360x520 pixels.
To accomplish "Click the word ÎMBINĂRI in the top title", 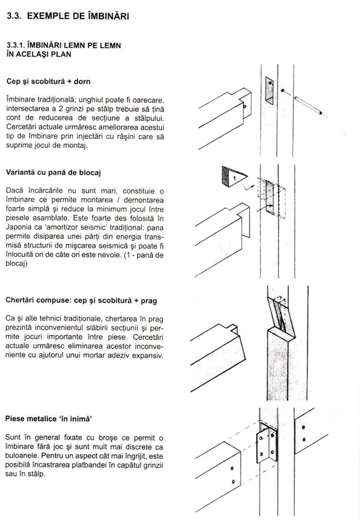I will [104, 17].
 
